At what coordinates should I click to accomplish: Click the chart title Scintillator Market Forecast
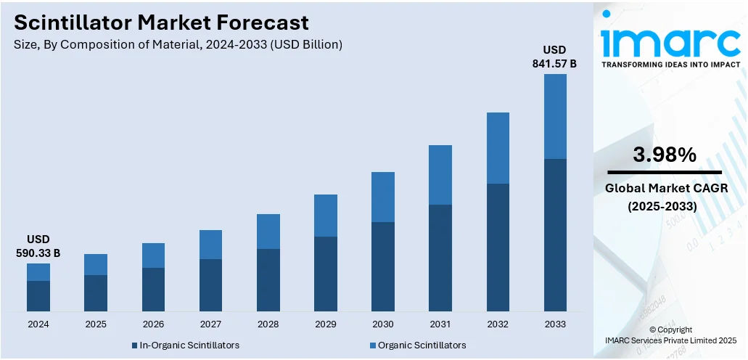(161, 22)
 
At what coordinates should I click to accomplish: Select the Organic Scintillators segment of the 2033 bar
(555, 117)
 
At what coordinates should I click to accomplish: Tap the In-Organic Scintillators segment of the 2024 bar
(38, 296)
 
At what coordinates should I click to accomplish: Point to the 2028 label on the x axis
(268, 324)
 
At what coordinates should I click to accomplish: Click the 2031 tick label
(440, 324)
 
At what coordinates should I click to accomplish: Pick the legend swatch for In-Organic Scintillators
(135, 345)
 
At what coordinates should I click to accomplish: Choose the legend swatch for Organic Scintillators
(373, 345)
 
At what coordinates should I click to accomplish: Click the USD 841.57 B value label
(555, 57)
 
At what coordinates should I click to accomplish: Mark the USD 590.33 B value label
(38, 246)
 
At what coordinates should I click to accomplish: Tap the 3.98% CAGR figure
(665, 154)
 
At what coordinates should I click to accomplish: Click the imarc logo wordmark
(670, 38)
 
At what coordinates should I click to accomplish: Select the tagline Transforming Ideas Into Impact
(670, 65)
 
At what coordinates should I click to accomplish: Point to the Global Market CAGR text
(667, 189)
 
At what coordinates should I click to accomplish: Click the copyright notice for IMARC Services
(670, 335)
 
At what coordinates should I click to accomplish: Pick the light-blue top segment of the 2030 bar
(383, 197)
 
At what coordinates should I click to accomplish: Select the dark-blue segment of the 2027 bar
(211, 285)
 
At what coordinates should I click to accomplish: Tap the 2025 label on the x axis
(96, 324)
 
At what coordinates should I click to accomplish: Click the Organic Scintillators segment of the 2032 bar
(498, 148)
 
